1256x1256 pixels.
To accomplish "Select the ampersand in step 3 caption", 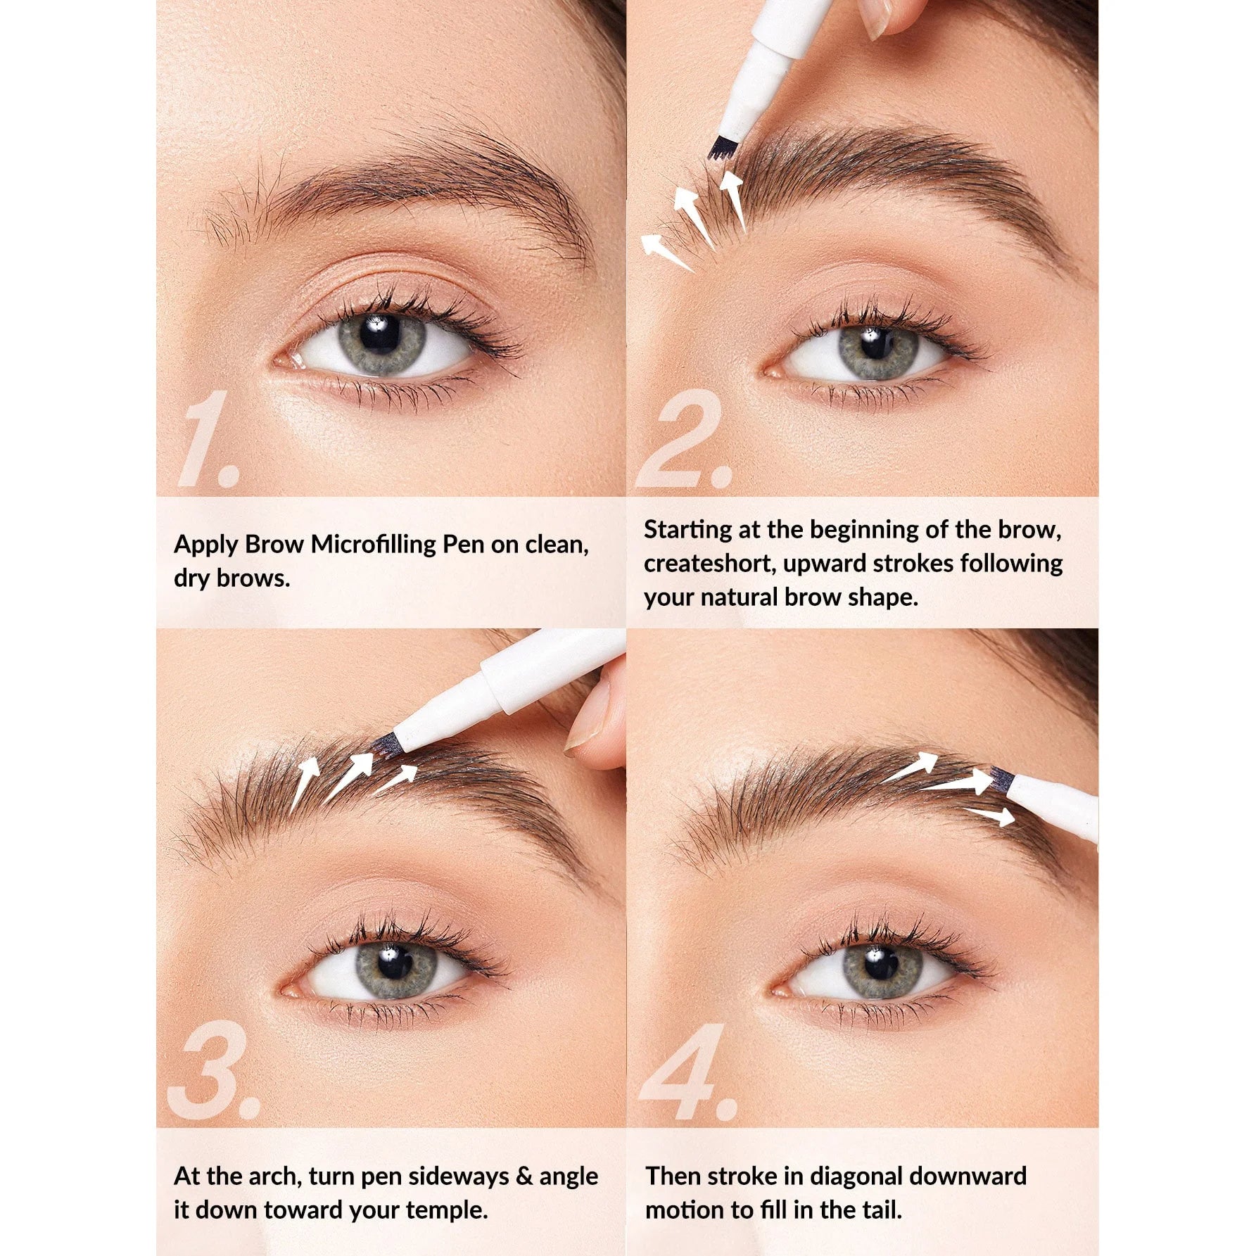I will (524, 1176).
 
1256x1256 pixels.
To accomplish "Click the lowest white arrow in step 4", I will (991, 816).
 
